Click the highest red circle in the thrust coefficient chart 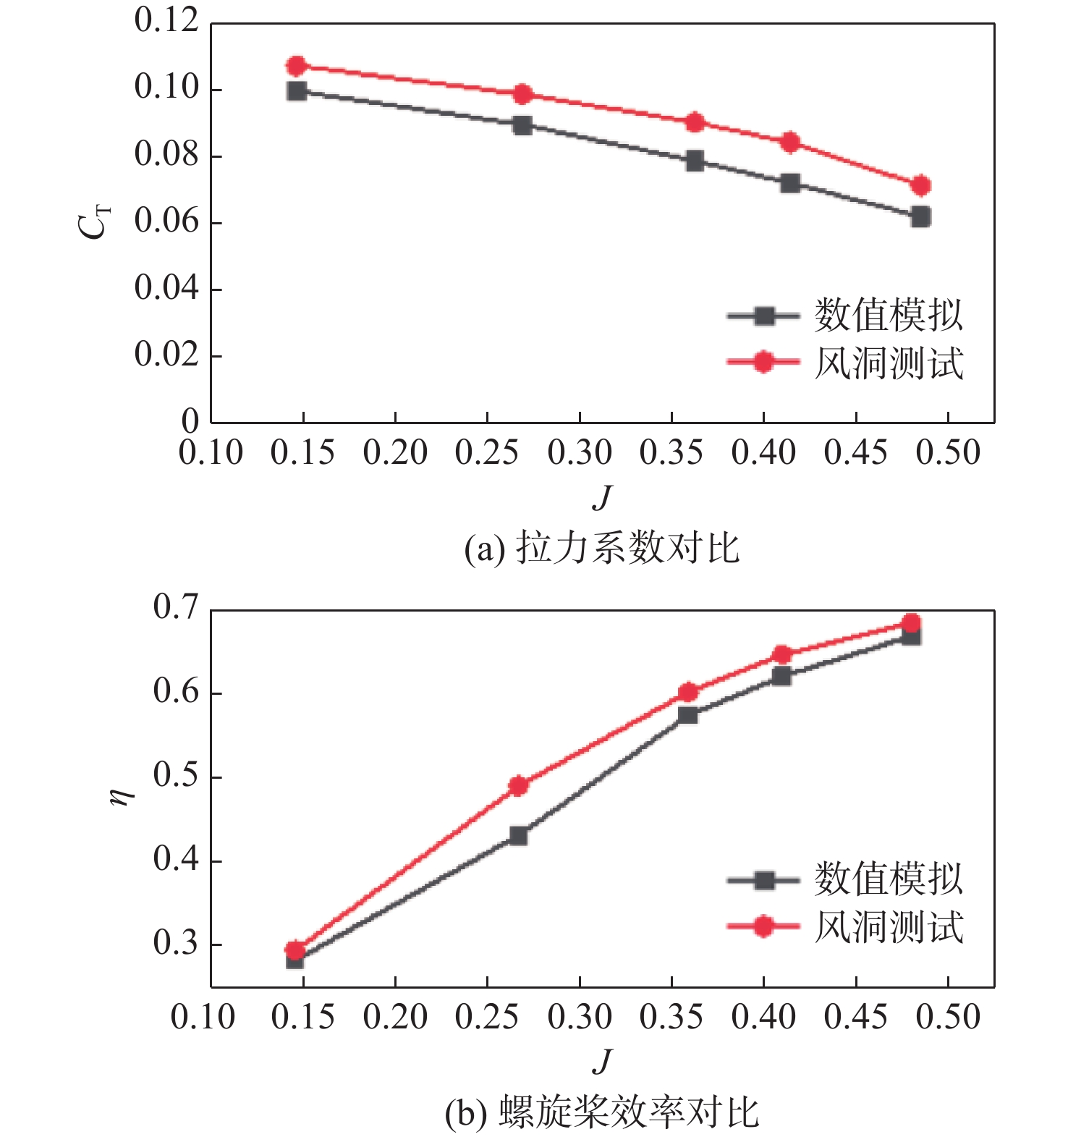297,66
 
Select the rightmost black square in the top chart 920,216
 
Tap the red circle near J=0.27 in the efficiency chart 518,785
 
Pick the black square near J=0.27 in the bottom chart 518,835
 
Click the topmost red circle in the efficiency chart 912,623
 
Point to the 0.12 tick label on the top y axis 166,20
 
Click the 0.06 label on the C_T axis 166,221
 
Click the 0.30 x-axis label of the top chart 580,452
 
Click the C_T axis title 94,220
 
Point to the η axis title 124,795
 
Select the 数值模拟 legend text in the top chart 889,316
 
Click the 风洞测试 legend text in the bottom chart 889,927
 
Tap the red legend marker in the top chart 763,362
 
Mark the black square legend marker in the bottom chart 763,880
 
